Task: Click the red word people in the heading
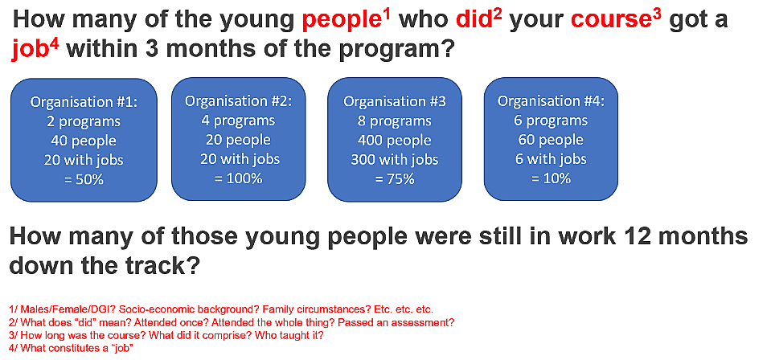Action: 338,21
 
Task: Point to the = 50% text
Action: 84,179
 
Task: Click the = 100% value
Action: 239,178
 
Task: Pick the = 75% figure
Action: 395,179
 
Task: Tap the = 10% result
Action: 551,178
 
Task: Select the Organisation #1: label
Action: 84,102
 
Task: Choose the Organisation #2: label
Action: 239,100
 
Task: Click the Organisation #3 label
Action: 395,102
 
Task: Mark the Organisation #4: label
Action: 551,100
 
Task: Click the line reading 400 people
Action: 395,141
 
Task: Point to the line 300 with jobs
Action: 395,160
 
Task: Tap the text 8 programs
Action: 395,121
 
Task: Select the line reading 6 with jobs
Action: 551,159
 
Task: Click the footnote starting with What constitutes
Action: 72,348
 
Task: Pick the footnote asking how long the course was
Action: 166,335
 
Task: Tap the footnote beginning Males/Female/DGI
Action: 221,310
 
